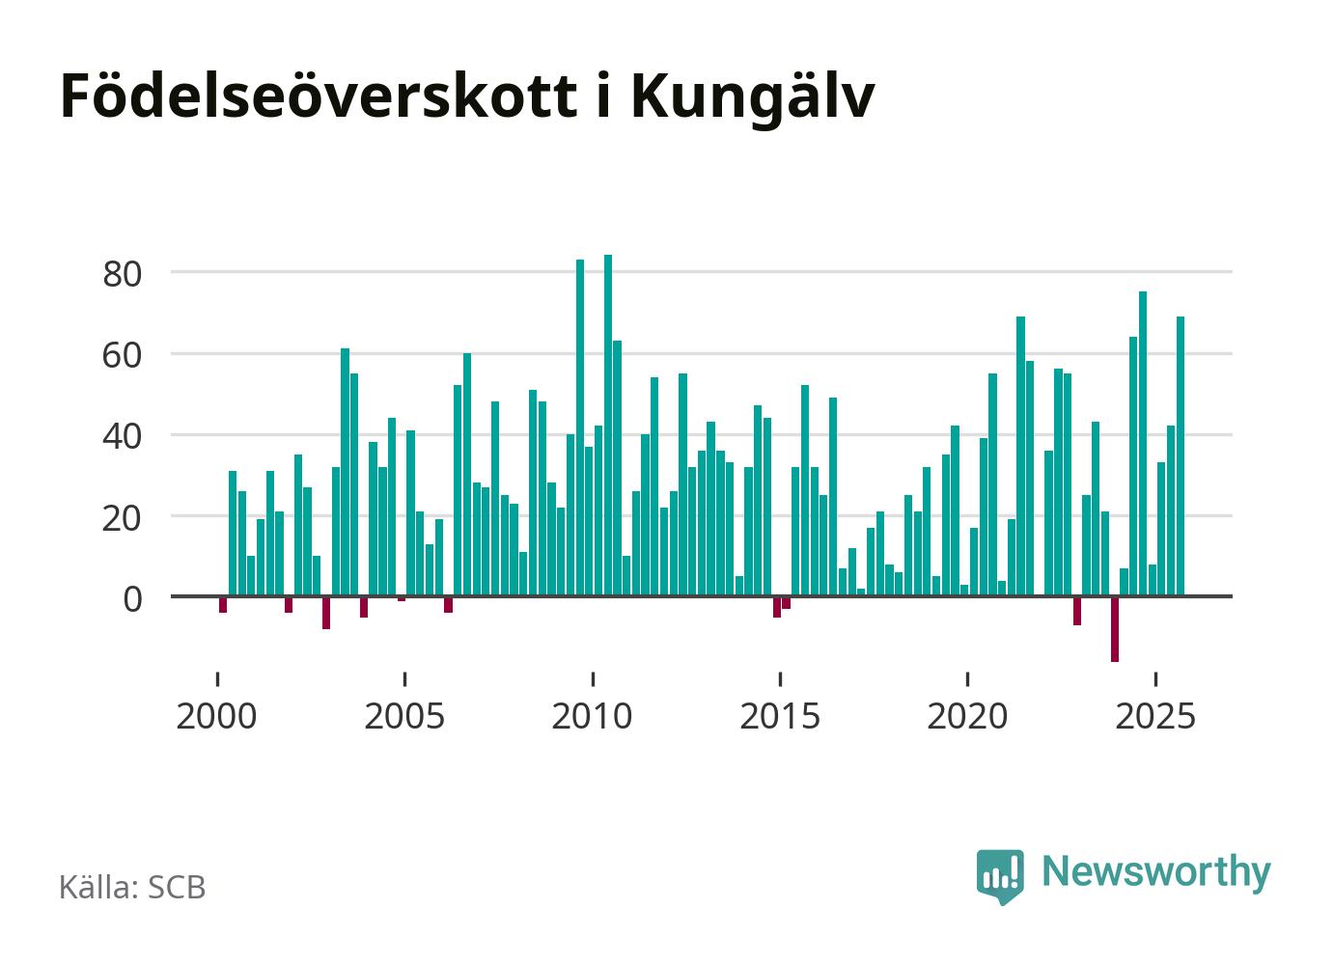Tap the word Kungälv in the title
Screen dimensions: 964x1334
click(752, 98)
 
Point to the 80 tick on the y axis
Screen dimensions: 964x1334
click(123, 273)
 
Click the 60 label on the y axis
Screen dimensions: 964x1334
click(123, 354)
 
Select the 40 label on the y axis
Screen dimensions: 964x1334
click(123, 435)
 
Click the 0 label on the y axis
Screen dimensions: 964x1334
click(132, 598)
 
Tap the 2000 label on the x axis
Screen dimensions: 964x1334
click(217, 717)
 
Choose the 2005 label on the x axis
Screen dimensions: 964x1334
click(404, 717)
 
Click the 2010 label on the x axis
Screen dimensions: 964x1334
click(592, 717)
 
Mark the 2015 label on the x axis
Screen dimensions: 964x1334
click(779, 717)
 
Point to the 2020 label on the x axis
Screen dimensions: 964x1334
click(967, 717)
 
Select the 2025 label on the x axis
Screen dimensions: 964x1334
click(1154, 717)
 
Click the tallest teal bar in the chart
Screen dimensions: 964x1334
click(608, 425)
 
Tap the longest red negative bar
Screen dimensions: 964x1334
click(1114, 629)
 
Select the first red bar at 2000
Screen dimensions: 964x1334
click(223, 605)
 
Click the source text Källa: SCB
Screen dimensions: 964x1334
click(132, 888)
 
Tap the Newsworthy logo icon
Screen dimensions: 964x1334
click(1000, 875)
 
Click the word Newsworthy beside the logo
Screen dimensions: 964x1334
click(1156, 871)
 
